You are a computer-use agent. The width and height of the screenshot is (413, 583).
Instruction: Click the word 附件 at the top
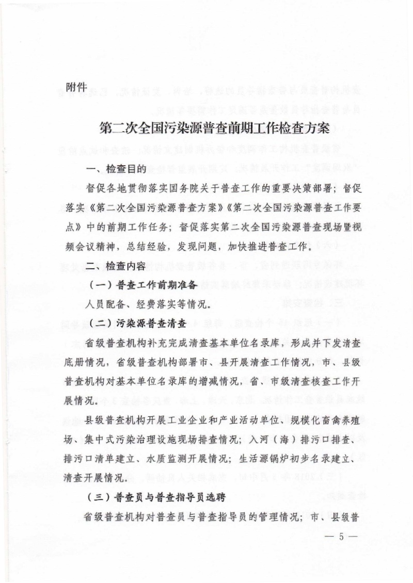(76, 86)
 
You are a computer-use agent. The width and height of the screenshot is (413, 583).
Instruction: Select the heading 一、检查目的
(117, 169)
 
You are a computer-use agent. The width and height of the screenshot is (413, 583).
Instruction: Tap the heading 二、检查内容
(117, 266)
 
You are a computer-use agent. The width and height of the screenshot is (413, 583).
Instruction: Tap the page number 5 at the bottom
(342, 535)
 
